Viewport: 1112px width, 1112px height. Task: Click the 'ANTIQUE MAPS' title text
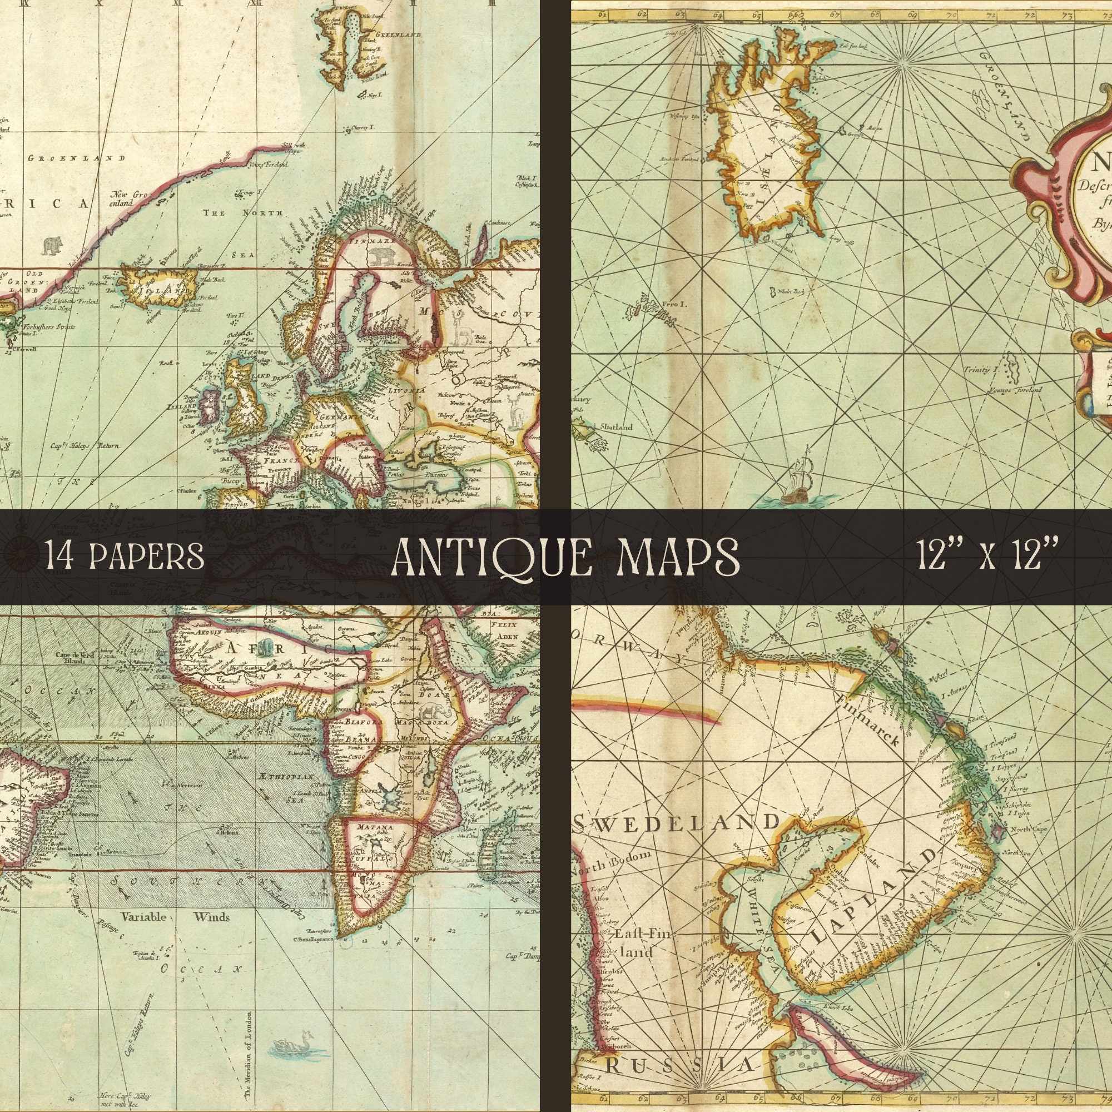point(565,557)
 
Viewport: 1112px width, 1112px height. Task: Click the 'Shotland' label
point(616,427)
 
